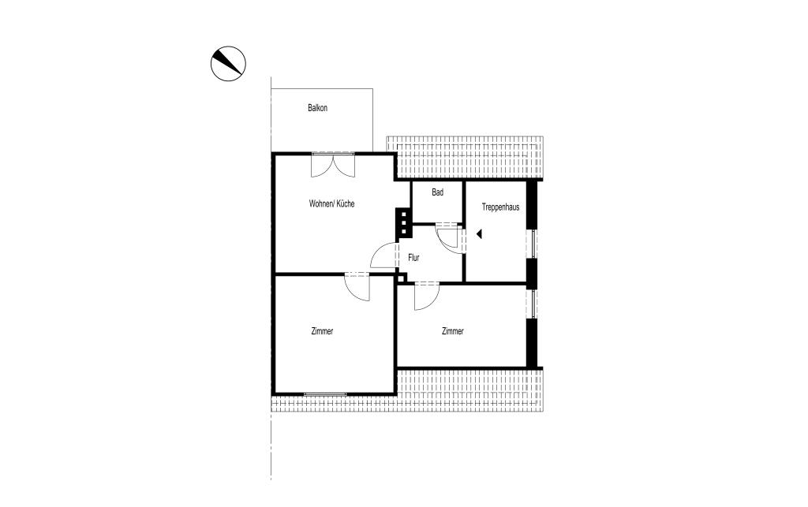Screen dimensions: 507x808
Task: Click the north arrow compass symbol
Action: (229, 63)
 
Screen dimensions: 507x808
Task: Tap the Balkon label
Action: (317, 108)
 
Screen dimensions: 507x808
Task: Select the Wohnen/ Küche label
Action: (331, 203)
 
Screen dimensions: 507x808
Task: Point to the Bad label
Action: (437, 192)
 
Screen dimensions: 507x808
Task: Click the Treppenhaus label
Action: (500, 207)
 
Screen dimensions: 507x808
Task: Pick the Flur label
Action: (413, 257)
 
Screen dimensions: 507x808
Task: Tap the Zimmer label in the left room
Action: (322, 332)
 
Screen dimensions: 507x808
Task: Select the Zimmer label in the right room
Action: (453, 332)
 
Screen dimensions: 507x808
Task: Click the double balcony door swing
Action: (334, 165)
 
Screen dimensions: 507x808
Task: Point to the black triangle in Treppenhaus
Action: (479, 233)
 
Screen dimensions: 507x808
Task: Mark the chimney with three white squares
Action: (403, 223)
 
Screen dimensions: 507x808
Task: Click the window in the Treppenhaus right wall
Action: (533, 244)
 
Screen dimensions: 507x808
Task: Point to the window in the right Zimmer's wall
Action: (533, 304)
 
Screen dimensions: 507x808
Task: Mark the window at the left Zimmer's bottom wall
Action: (325, 393)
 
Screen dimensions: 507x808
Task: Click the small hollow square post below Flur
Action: (402, 278)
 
